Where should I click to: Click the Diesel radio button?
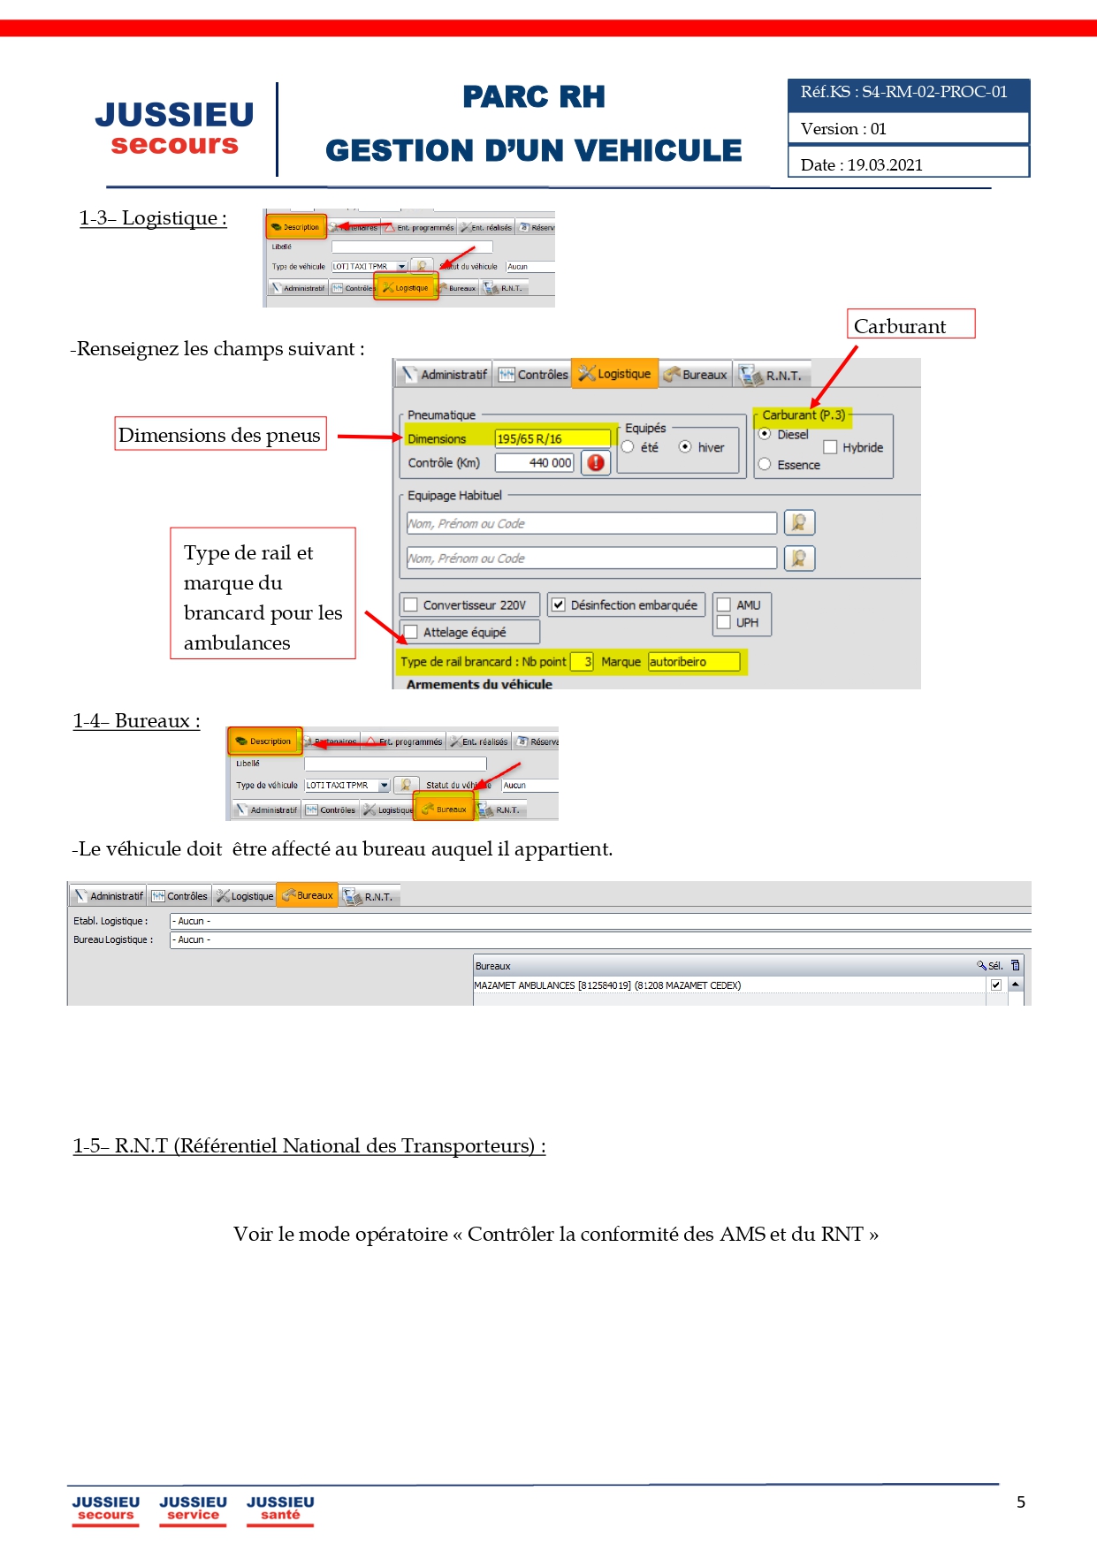pyautogui.click(x=765, y=434)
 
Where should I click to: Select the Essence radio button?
pyautogui.click(x=765, y=465)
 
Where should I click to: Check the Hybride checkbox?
pyautogui.click(x=830, y=447)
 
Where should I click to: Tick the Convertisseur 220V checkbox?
pyautogui.click(x=411, y=605)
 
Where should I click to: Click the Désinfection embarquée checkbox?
pyautogui.click(x=559, y=605)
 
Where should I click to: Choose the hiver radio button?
pyautogui.click(x=685, y=447)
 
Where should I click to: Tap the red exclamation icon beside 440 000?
pyautogui.click(x=596, y=462)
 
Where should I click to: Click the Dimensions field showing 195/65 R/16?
pyautogui.click(x=552, y=438)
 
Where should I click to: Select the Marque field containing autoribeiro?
pyautogui.click(x=693, y=662)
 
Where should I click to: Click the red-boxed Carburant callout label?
pyautogui.click(x=910, y=325)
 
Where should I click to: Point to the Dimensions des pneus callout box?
pyautogui.click(x=220, y=435)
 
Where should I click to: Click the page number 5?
pyautogui.click(x=1021, y=1502)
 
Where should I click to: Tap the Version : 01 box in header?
pyautogui.click(x=908, y=129)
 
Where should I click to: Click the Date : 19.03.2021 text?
pyautogui.click(x=862, y=165)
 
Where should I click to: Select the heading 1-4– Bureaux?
pyautogui.click(x=136, y=721)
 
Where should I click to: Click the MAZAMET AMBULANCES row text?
pyautogui.click(x=607, y=985)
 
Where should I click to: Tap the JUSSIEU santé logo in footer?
pyautogui.click(x=280, y=1508)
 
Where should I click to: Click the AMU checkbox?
pyautogui.click(x=724, y=605)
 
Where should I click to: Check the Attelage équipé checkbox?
pyautogui.click(x=411, y=632)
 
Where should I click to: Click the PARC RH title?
pyautogui.click(x=534, y=97)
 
